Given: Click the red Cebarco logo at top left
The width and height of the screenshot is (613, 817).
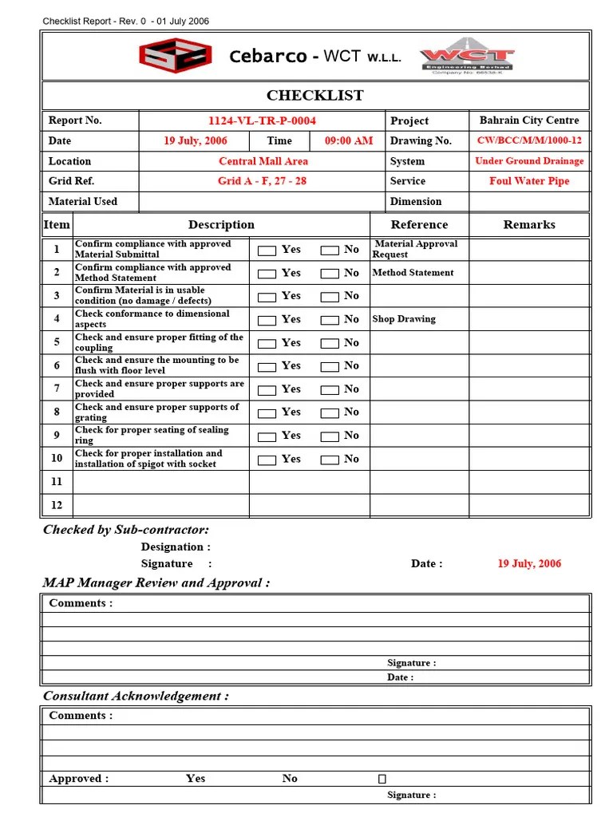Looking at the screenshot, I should tap(176, 56).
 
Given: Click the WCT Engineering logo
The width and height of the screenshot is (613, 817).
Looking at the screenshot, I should tap(469, 56).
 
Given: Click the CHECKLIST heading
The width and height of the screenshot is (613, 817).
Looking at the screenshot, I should tap(314, 96).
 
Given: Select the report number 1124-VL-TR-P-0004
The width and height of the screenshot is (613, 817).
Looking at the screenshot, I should tap(262, 120).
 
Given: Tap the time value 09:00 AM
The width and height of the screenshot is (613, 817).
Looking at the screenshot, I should tap(348, 140).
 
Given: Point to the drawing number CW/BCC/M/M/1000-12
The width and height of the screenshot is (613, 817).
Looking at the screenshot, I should tap(529, 140).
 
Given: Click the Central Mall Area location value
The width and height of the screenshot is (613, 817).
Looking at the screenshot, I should tap(263, 161).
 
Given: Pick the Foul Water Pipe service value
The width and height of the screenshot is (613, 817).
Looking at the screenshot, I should tap(529, 181).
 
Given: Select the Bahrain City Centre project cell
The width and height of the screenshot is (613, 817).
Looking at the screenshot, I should tap(529, 120).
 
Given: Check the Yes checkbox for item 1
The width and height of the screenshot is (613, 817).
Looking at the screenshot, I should tap(267, 251).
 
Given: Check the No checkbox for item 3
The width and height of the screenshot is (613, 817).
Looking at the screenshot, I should tap(329, 297).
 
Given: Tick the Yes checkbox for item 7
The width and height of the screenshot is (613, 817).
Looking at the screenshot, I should tap(267, 390).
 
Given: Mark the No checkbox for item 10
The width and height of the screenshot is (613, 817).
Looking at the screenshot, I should tap(329, 460).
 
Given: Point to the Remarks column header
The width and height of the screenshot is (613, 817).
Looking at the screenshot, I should tap(528, 225).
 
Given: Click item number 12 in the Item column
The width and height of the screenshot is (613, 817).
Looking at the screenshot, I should tap(57, 505).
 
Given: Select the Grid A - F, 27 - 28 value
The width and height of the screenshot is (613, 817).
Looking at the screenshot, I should tap(262, 181).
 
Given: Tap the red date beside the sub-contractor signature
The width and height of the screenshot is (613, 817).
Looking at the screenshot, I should tap(528, 563).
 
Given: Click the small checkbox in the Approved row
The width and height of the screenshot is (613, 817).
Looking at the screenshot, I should tap(382, 779).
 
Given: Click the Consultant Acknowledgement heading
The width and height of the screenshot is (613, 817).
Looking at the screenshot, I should tap(136, 696).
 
